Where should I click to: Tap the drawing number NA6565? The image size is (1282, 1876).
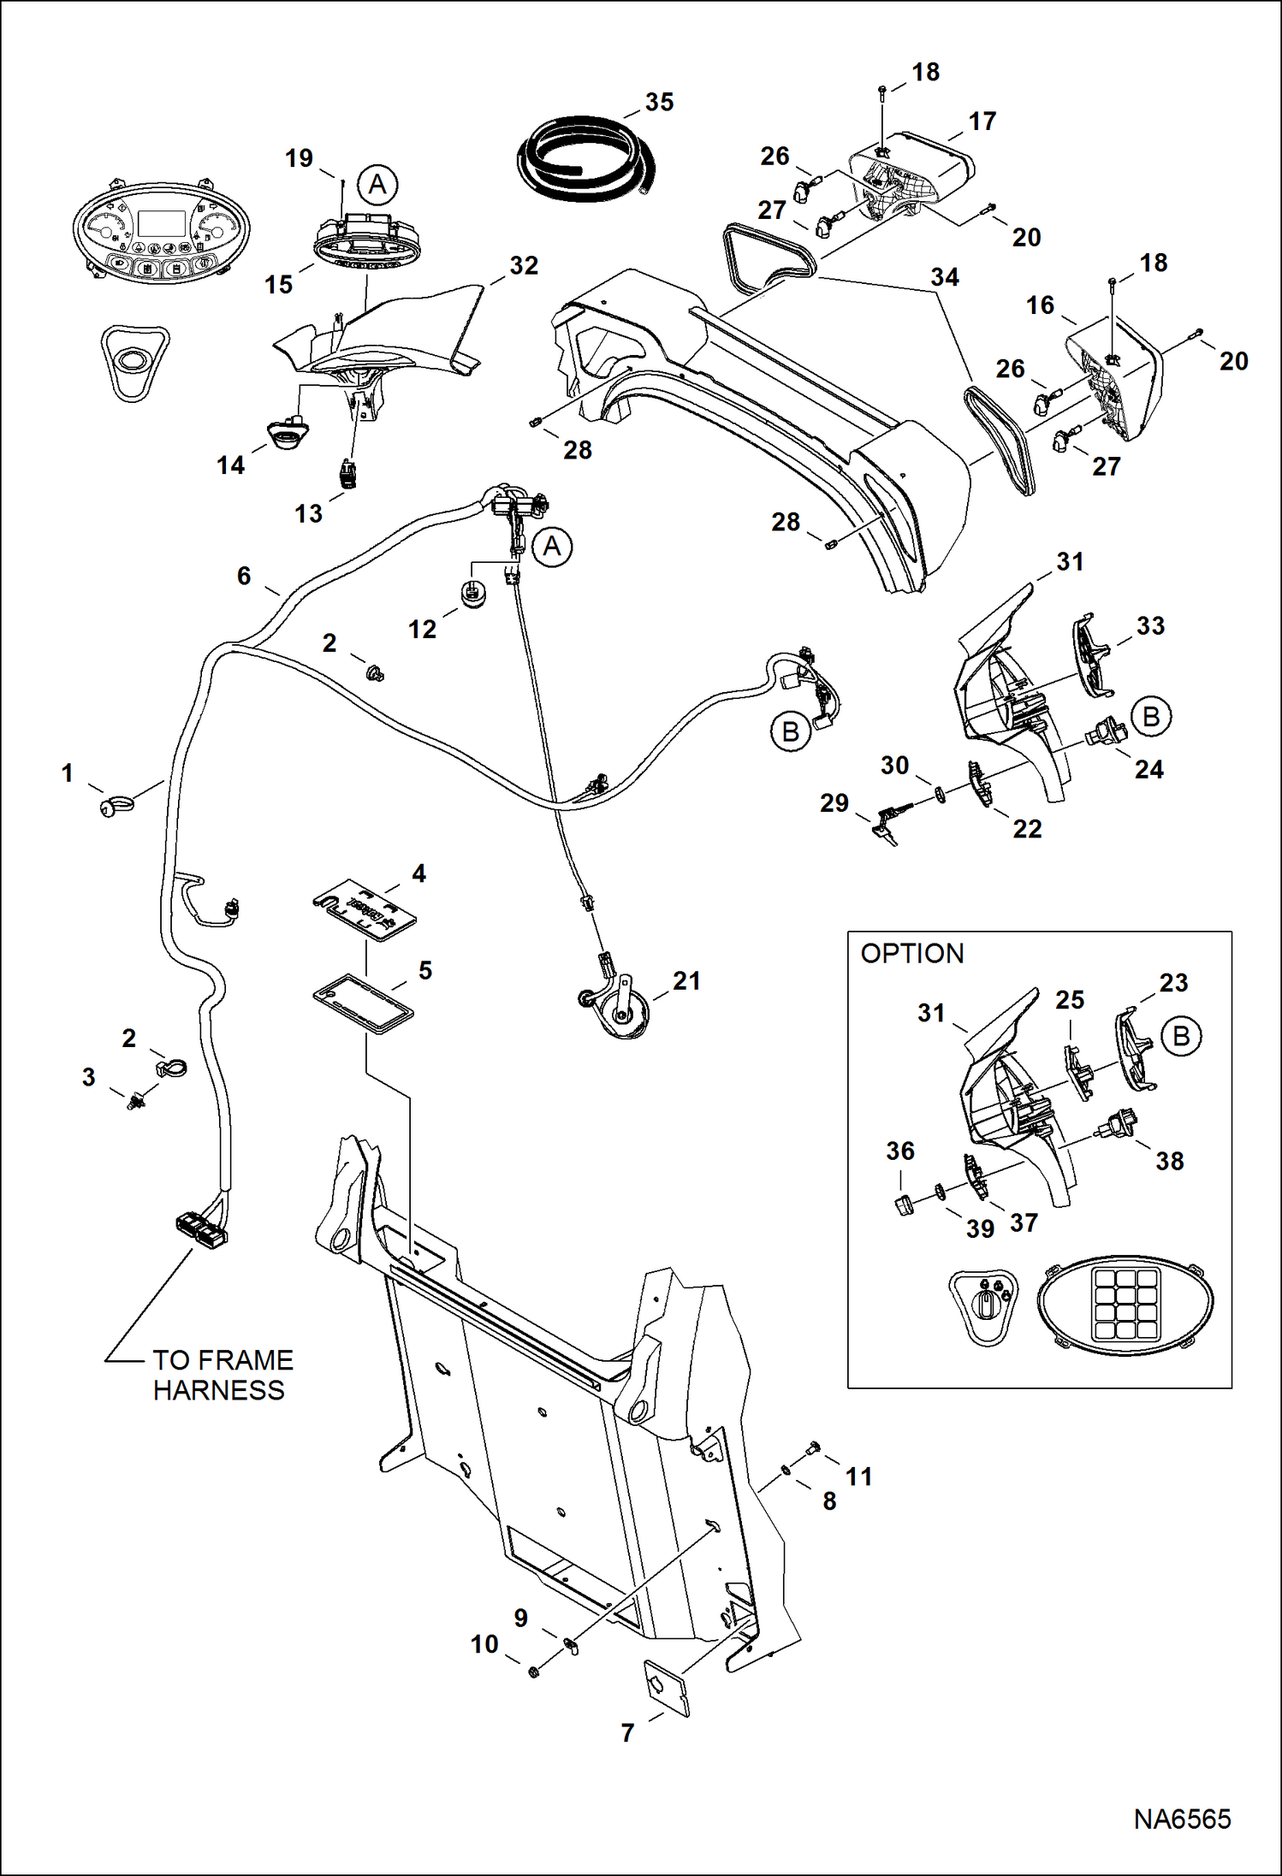pos(1182,1819)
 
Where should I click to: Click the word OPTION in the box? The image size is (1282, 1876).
pos(911,953)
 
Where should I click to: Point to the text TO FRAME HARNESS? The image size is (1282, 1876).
pos(221,1375)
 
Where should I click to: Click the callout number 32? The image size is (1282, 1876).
pos(524,265)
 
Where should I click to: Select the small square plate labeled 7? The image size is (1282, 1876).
pos(667,1688)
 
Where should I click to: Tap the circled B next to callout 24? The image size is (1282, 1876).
pos(1151,717)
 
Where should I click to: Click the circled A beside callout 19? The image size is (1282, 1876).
pos(377,185)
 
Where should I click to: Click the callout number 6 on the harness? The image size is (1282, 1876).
pos(244,576)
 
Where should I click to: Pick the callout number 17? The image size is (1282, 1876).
pos(982,121)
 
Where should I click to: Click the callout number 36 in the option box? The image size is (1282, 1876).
pos(899,1151)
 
